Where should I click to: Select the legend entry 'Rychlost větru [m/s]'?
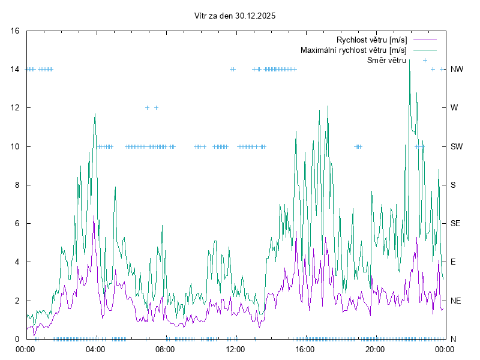click(x=371, y=40)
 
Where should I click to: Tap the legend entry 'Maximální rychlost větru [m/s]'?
click(x=353, y=50)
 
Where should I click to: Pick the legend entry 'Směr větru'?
click(x=386, y=60)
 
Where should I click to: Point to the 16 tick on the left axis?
click(x=16, y=31)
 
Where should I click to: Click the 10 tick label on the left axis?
click(x=16, y=146)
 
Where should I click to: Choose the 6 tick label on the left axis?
click(x=17, y=223)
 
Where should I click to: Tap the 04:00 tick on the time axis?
click(x=95, y=349)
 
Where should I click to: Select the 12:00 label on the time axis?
click(x=235, y=349)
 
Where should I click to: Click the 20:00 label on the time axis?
click(x=374, y=349)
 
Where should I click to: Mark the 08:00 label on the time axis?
click(x=165, y=349)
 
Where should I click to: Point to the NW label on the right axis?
click(x=457, y=70)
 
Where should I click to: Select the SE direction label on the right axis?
click(x=456, y=223)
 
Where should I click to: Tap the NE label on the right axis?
click(x=456, y=301)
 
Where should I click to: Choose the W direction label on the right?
click(x=454, y=108)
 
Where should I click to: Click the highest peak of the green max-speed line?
click(x=409, y=59)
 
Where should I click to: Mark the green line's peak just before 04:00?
click(x=95, y=114)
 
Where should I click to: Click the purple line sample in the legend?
click(x=424, y=40)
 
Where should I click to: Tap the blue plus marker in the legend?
click(x=425, y=60)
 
